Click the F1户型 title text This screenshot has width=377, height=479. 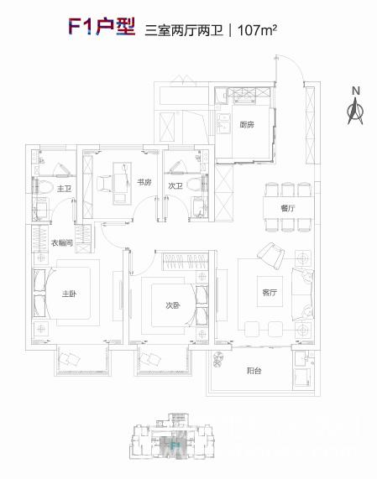point(102,27)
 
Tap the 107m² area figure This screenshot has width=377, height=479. point(257,30)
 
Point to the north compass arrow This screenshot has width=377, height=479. point(355,111)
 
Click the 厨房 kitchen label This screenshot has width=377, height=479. point(247,125)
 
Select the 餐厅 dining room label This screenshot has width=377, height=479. point(288,208)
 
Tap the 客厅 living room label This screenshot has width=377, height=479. point(270,292)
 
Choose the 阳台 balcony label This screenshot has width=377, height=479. point(254,371)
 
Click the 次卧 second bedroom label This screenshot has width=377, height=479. point(173,305)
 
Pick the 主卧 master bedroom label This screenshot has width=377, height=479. point(70,294)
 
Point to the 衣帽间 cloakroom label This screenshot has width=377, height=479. point(62,243)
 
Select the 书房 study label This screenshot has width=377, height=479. point(144,182)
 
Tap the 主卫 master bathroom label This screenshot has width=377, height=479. point(64,189)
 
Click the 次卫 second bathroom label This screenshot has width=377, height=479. point(175,185)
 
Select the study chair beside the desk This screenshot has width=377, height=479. point(104,184)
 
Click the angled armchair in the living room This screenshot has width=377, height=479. point(271,256)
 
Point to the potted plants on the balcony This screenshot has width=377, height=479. point(218,359)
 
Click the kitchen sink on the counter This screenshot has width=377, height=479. point(223,122)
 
